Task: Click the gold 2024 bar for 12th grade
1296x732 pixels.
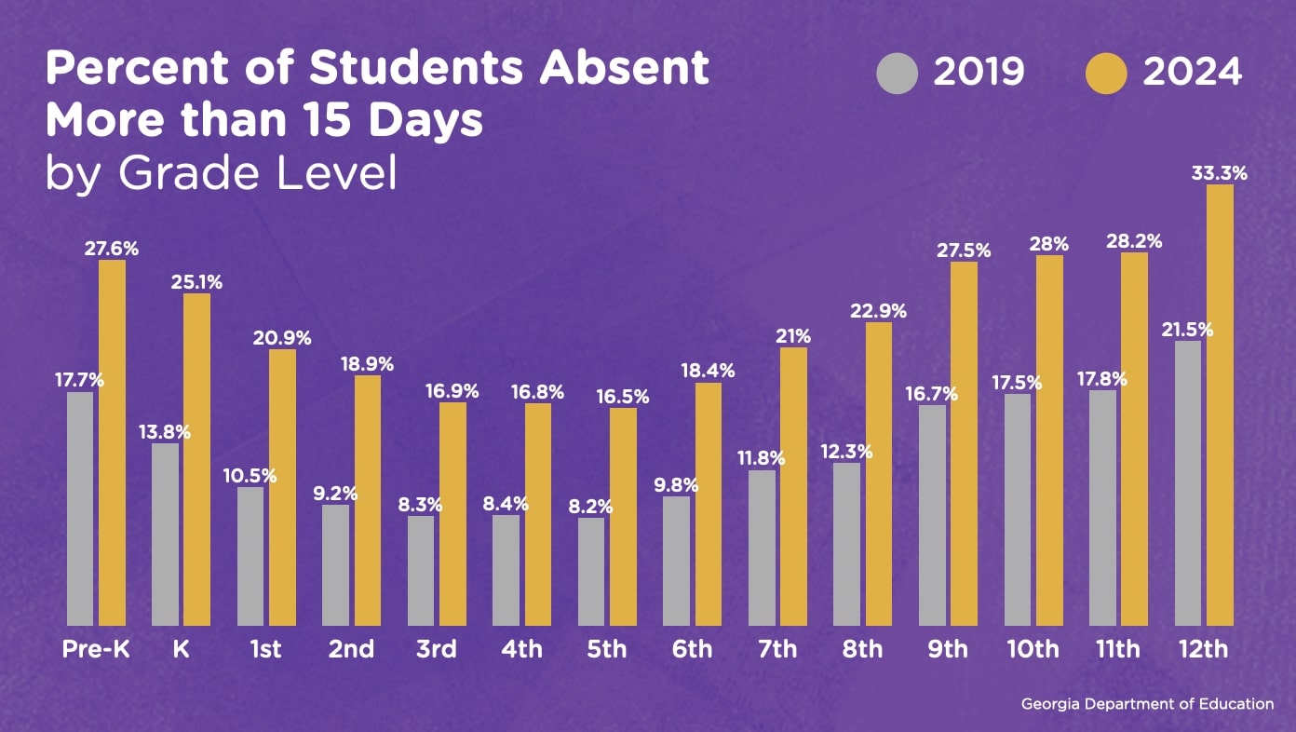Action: tap(1220, 405)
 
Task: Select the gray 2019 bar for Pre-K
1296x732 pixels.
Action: tap(80, 508)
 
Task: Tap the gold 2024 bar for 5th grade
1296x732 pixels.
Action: tap(623, 517)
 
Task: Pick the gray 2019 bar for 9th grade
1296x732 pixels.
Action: tap(932, 515)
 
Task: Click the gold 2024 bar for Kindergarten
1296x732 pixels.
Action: tap(196, 460)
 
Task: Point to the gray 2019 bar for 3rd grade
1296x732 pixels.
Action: tap(421, 570)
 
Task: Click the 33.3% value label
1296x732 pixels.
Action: tap(1220, 173)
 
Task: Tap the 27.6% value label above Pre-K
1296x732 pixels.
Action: tap(112, 249)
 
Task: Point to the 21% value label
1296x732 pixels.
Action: tap(793, 336)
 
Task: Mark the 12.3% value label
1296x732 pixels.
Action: tap(846, 452)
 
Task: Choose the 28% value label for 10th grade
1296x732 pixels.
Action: tap(1049, 244)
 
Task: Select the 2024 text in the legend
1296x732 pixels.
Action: tap(1193, 73)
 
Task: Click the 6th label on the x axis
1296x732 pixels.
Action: tap(692, 649)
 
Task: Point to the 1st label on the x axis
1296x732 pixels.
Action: tap(266, 649)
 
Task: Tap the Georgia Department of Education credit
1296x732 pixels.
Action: tap(1147, 704)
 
